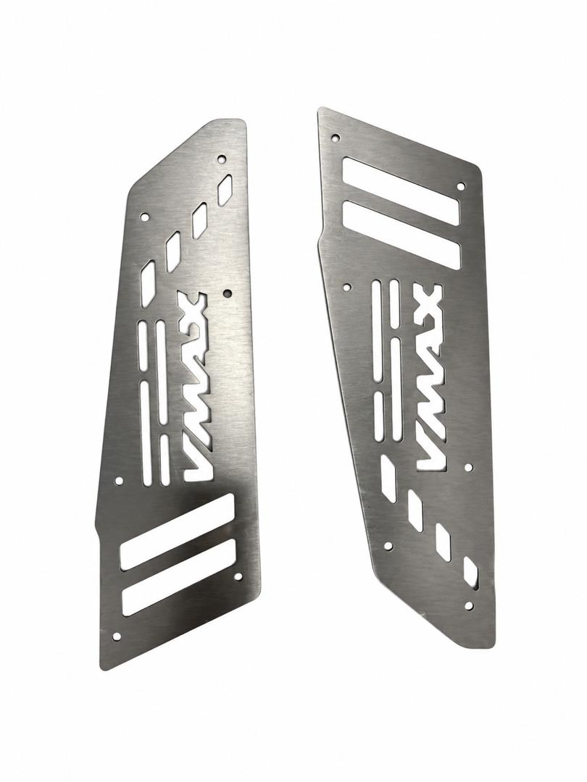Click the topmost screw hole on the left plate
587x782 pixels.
pos(221,159)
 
